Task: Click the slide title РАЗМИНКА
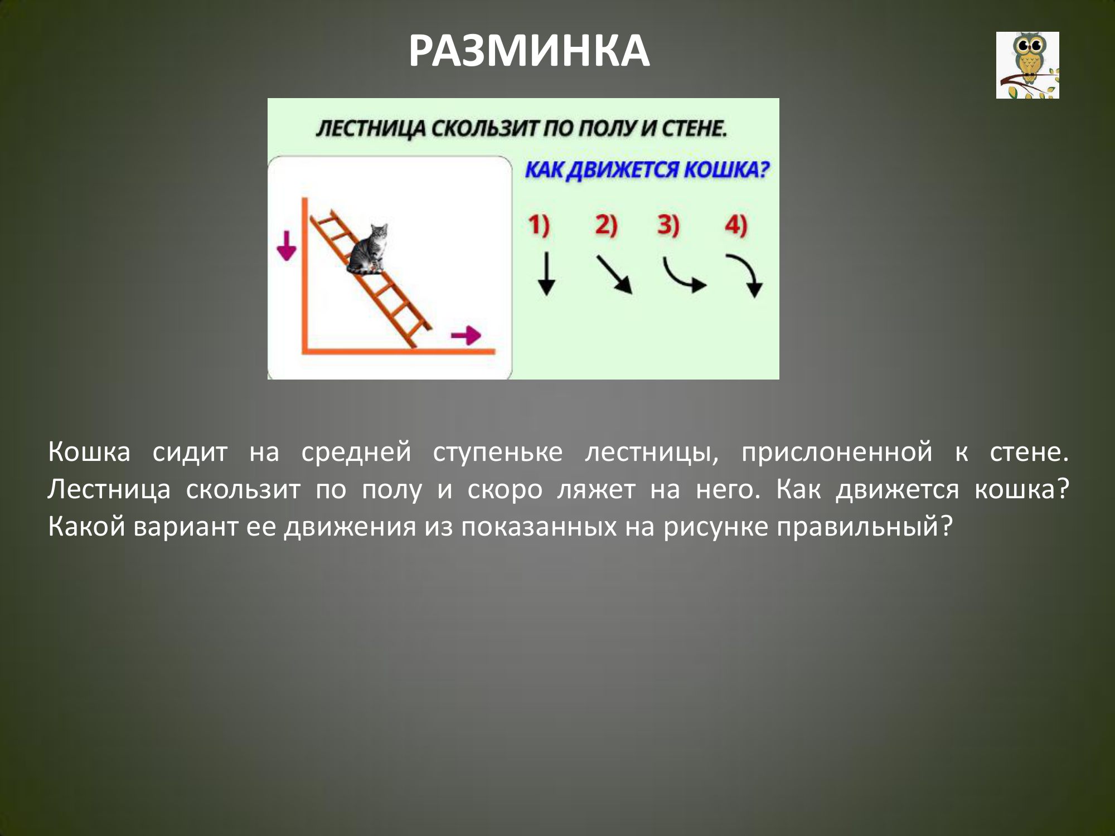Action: (529, 51)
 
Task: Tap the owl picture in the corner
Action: (1027, 65)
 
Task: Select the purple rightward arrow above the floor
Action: (466, 336)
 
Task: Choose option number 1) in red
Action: (539, 225)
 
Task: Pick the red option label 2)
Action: (606, 225)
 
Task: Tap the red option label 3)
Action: (668, 225)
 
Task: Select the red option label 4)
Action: (736, 225)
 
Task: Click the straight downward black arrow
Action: (546, 274)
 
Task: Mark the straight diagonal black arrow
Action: (614, 274)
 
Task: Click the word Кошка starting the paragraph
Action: (89, 451)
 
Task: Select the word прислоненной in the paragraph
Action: (837, 452)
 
